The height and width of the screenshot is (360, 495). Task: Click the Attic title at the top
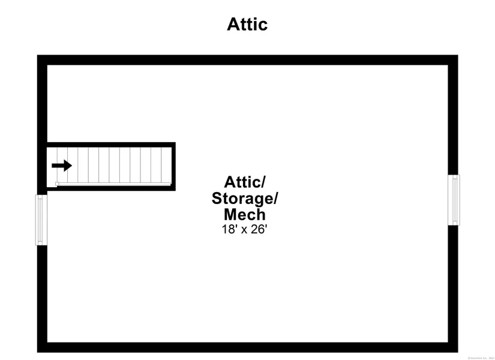click(x=247, y=24)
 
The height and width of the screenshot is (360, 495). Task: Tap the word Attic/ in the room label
click(x=244, y=182)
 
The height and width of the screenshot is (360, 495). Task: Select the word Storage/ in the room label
click(x=245, y=198)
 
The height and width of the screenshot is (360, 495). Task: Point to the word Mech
click(x=244, y=214)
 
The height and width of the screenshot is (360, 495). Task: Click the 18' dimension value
click(x=229, y=229)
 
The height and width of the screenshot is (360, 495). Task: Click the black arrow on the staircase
click(x=62, y=166)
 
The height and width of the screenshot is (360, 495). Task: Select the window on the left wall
click(x=41, y=220)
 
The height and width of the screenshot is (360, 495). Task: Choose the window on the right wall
click(x=454, y=200)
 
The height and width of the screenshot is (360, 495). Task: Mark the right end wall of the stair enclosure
click(x=173, y=166)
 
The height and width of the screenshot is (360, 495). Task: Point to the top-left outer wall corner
click(x=42, y=60)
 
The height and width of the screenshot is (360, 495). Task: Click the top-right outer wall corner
click(x=453, y=60)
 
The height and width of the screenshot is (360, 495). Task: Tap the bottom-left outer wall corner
click(x=42, y=347)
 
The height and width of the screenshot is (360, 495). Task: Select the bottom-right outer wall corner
click(x=453, y=347)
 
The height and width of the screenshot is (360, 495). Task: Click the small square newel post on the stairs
click(x=57, y=184)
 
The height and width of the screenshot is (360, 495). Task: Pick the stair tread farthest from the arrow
click(x=166, y=165)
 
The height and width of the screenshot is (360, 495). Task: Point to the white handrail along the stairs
click(x=114, y=184)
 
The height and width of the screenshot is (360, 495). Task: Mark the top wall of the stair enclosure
click(x=111, y=145)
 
